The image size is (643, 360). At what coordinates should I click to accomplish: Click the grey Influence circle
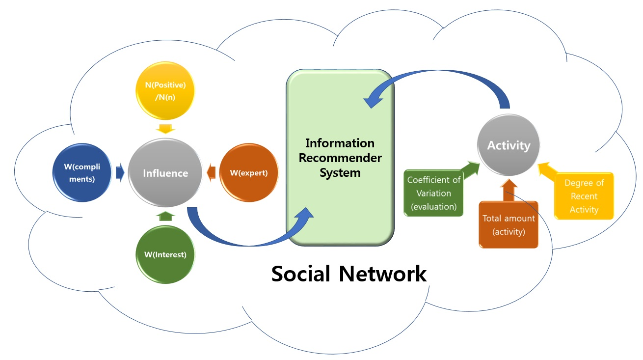click(165, 173)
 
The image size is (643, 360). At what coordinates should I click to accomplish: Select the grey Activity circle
click(509, 146)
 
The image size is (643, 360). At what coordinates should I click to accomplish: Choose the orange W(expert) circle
click(248, 173)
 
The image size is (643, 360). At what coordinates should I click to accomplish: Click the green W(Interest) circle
click(165, 254)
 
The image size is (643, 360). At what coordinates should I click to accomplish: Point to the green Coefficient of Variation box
click(433, 193)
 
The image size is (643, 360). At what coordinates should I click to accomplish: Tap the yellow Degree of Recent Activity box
click(584, 196)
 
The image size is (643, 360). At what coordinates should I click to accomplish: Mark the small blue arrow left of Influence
click(120, 173)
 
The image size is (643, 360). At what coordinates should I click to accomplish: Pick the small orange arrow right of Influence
click(211, 172)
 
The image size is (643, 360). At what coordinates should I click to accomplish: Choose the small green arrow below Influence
click(165, 216)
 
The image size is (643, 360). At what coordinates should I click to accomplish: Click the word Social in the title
click(301, 274)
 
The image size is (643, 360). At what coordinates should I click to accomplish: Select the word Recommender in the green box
click(340, 158)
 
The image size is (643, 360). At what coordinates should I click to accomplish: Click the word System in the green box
click(340, 173)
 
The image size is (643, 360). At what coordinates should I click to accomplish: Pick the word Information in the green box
click(340, 143)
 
